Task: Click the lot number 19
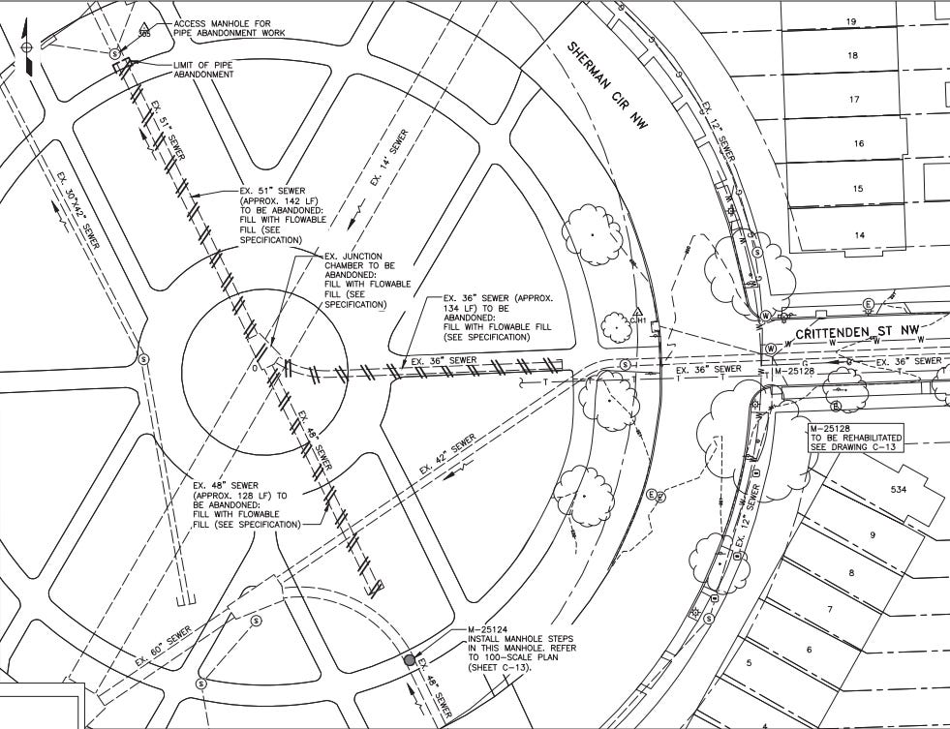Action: [851, 21]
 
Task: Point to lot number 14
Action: [858, 234]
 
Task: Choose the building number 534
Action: [899, 490]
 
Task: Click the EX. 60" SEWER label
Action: [169, 646]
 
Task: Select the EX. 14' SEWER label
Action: [389, 157]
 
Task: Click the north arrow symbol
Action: [26, 48]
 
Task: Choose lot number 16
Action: [858, 143]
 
